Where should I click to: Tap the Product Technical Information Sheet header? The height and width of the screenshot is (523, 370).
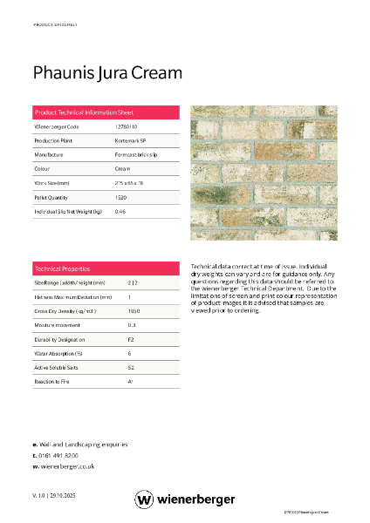click(x=83, y=113)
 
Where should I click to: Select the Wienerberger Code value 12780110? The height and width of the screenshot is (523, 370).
click(x=126, y=127)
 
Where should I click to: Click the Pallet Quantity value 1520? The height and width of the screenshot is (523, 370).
click(x=121, y=197)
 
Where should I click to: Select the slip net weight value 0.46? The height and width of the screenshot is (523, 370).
click(x=120, y=211)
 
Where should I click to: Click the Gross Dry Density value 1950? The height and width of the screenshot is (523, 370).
click(x=134, y=311)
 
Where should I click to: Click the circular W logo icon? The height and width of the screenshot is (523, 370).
click(x=144, y=499)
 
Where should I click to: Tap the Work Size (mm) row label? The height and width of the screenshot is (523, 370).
click(x=51, y=183)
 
